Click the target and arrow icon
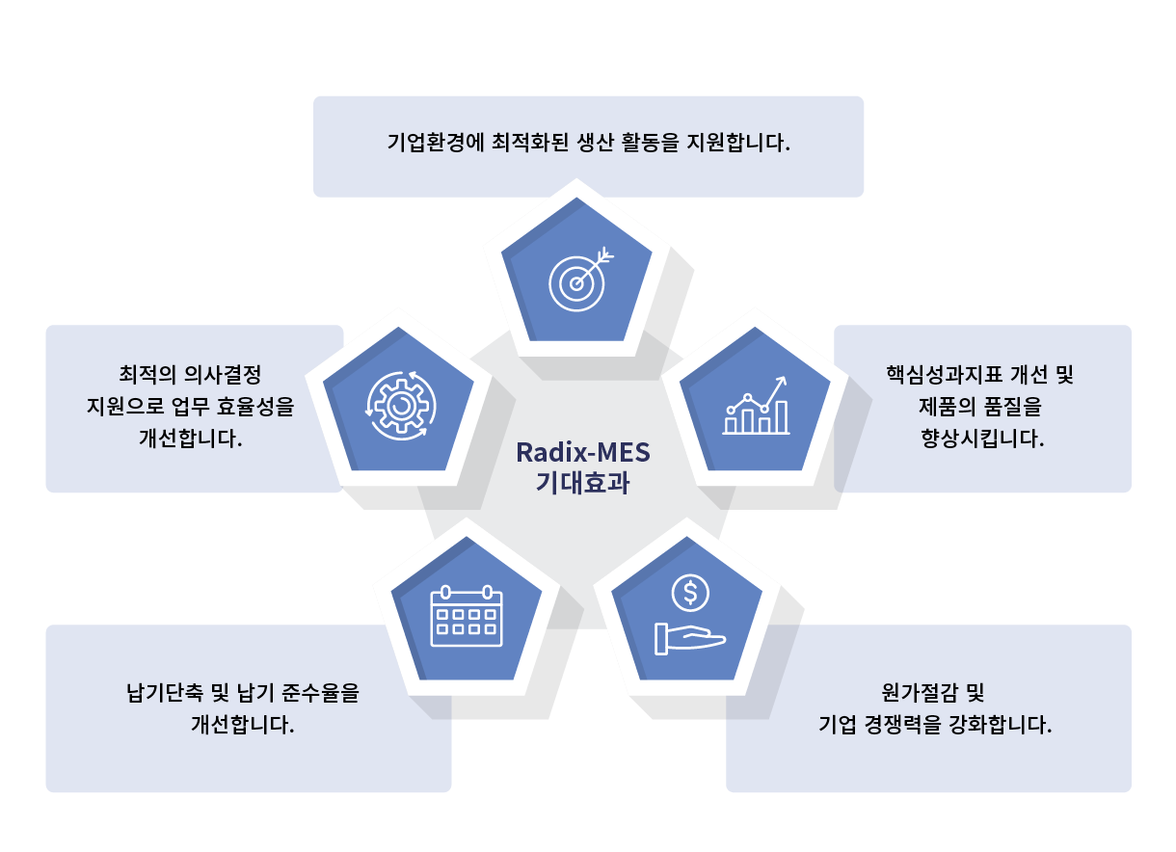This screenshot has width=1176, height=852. [580, 280]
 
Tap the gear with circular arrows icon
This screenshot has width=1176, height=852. [401, 406]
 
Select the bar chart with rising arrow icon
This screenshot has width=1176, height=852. [756, 405]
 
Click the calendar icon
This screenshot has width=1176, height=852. [467, 616]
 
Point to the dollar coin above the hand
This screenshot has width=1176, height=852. [690, 593]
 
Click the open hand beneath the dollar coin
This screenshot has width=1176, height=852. [690, 639]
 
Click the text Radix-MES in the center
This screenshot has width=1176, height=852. [583, 453]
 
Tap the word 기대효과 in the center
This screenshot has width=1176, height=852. [583, 483]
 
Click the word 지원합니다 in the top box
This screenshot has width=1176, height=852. [738, 143]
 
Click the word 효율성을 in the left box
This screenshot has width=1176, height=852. [255, 407]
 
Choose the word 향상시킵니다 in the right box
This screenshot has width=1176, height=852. [982, 439]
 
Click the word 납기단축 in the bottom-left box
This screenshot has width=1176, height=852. [164, 692]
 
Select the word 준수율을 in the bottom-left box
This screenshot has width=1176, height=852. [320, 692]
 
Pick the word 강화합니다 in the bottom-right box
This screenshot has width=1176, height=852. [1001, 725]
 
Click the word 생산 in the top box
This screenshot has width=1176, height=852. [596, 143]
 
